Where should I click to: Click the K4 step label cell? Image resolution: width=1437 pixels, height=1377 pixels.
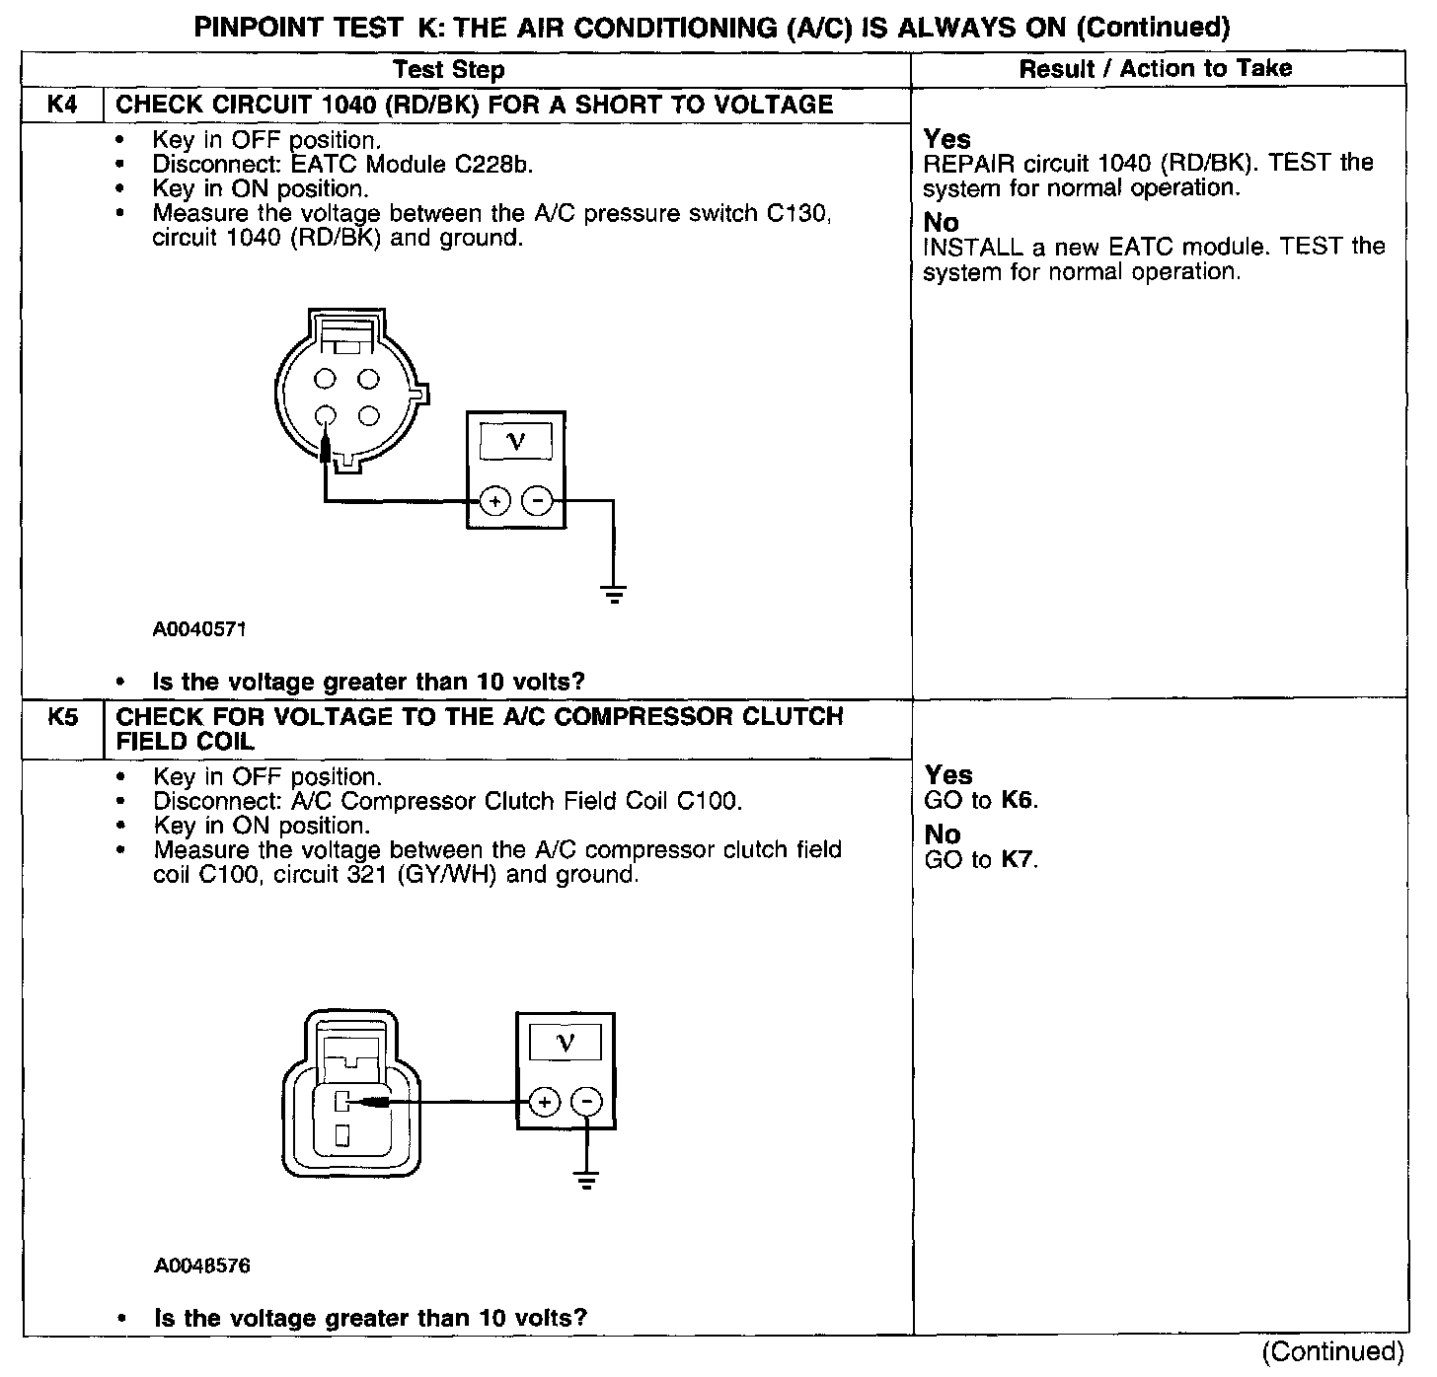coord(62,105)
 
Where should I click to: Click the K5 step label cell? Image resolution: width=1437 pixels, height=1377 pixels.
coord(62,717)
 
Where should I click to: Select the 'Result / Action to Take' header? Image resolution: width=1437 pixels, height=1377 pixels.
coord(1155,68)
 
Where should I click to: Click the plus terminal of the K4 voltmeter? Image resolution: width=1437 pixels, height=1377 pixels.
coord(494,502)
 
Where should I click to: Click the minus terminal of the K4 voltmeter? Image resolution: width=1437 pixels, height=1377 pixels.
coord(537,502)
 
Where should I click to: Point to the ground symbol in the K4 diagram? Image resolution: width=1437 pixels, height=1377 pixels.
coord(613,594)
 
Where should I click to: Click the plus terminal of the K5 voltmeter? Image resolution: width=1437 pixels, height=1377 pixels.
coord(545,1102)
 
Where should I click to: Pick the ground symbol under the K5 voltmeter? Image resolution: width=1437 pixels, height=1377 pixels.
coord(587,1179)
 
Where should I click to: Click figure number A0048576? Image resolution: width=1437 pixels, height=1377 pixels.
coord(201,1266)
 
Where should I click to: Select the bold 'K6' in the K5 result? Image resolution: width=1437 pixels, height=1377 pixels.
coord(1018,800)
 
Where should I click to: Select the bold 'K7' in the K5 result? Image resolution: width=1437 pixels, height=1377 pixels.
coord(1018,859)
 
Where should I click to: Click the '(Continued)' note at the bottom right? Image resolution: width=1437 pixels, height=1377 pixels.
coord(1332,1351)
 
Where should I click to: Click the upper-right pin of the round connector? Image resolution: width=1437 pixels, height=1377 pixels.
coord(368,378)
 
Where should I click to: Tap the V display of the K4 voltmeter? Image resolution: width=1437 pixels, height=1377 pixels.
coord(515,441)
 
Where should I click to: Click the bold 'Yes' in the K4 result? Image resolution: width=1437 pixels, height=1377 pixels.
coord(946,139)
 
